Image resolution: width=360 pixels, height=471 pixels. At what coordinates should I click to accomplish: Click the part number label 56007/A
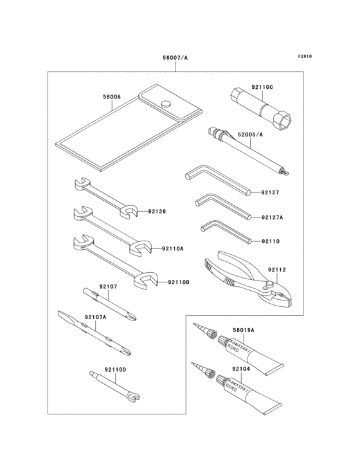click(175, 57)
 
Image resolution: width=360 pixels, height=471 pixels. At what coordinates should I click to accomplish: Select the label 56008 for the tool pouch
click(112, 97)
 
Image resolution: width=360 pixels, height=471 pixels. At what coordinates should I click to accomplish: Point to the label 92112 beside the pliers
click(276, 270)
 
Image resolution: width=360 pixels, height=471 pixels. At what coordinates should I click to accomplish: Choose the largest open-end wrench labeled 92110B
click(116, 260)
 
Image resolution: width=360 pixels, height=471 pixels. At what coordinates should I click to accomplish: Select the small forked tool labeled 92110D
click(116, 384)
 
